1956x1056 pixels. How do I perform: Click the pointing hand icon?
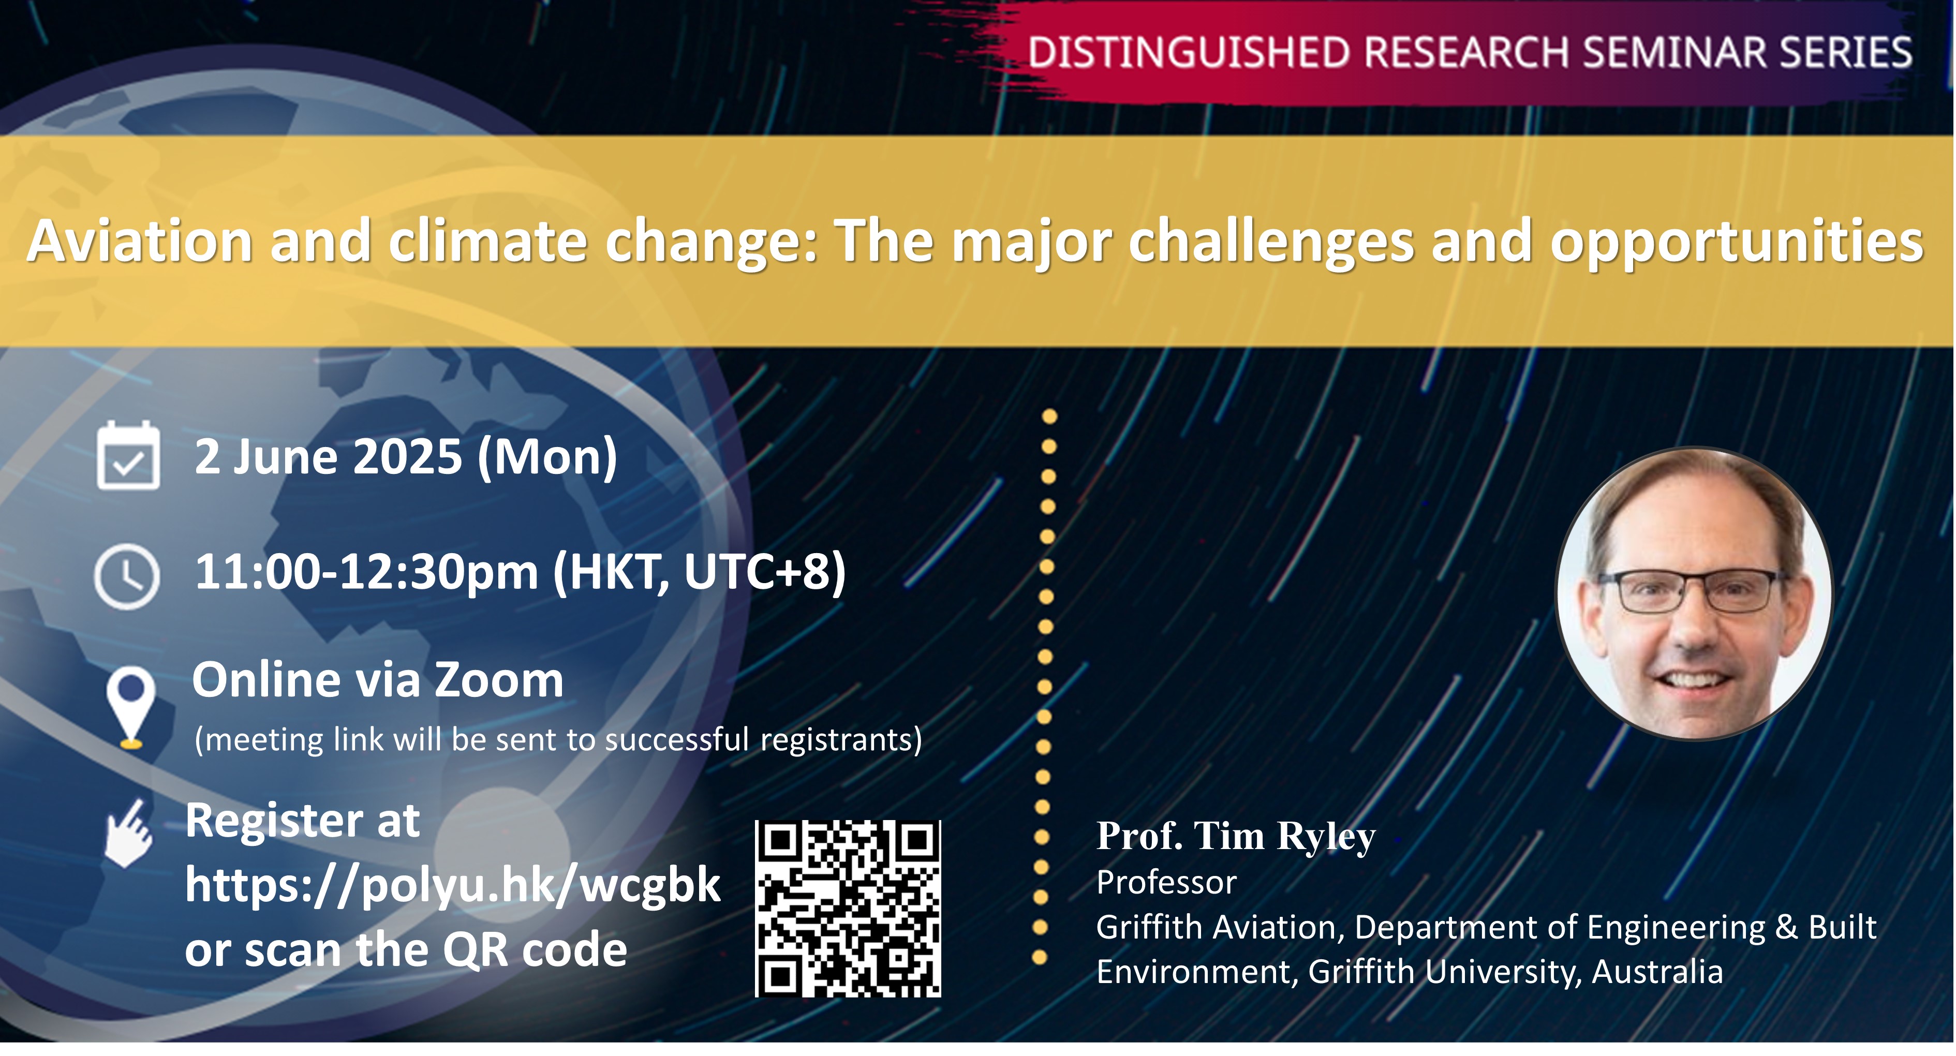click(129, 833)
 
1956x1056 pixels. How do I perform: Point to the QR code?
click(848, 909)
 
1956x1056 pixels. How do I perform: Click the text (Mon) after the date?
click(547, 458)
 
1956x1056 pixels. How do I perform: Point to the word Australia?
click(1657, 973)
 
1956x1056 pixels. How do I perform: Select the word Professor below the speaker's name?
click(1166, 883)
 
